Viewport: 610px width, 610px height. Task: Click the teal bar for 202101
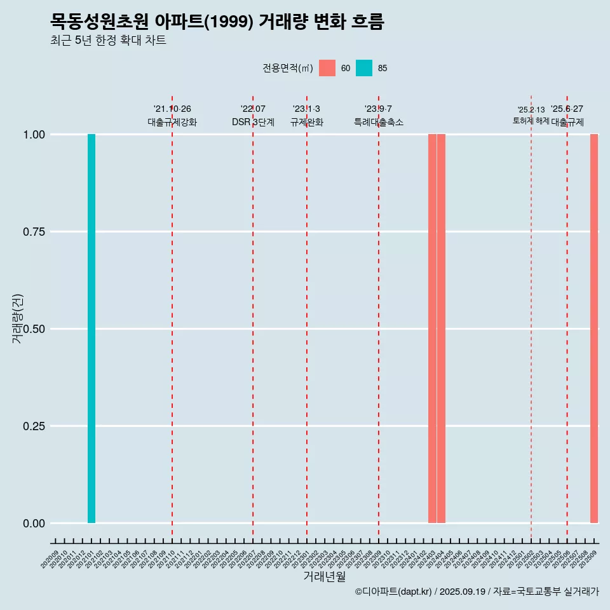point(91,329)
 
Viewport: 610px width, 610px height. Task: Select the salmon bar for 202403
point(432,329)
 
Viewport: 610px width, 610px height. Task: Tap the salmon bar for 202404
point(441,329)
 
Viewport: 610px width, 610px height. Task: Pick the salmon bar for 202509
point(594,329)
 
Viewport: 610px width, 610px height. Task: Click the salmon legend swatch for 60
point(327,68)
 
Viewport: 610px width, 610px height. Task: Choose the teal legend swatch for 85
point(364,68)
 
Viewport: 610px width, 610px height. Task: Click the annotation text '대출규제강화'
point(172,122)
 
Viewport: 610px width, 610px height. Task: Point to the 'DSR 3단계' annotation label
point(253,122)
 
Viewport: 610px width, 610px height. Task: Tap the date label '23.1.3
point(306,109)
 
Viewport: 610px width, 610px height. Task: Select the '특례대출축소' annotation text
point(379,122)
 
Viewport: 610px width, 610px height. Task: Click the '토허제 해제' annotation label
point(531,121)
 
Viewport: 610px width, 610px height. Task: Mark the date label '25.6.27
point(567,109)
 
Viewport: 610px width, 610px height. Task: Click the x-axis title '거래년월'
point(325,577)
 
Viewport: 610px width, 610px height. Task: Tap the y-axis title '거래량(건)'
point(18,318)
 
